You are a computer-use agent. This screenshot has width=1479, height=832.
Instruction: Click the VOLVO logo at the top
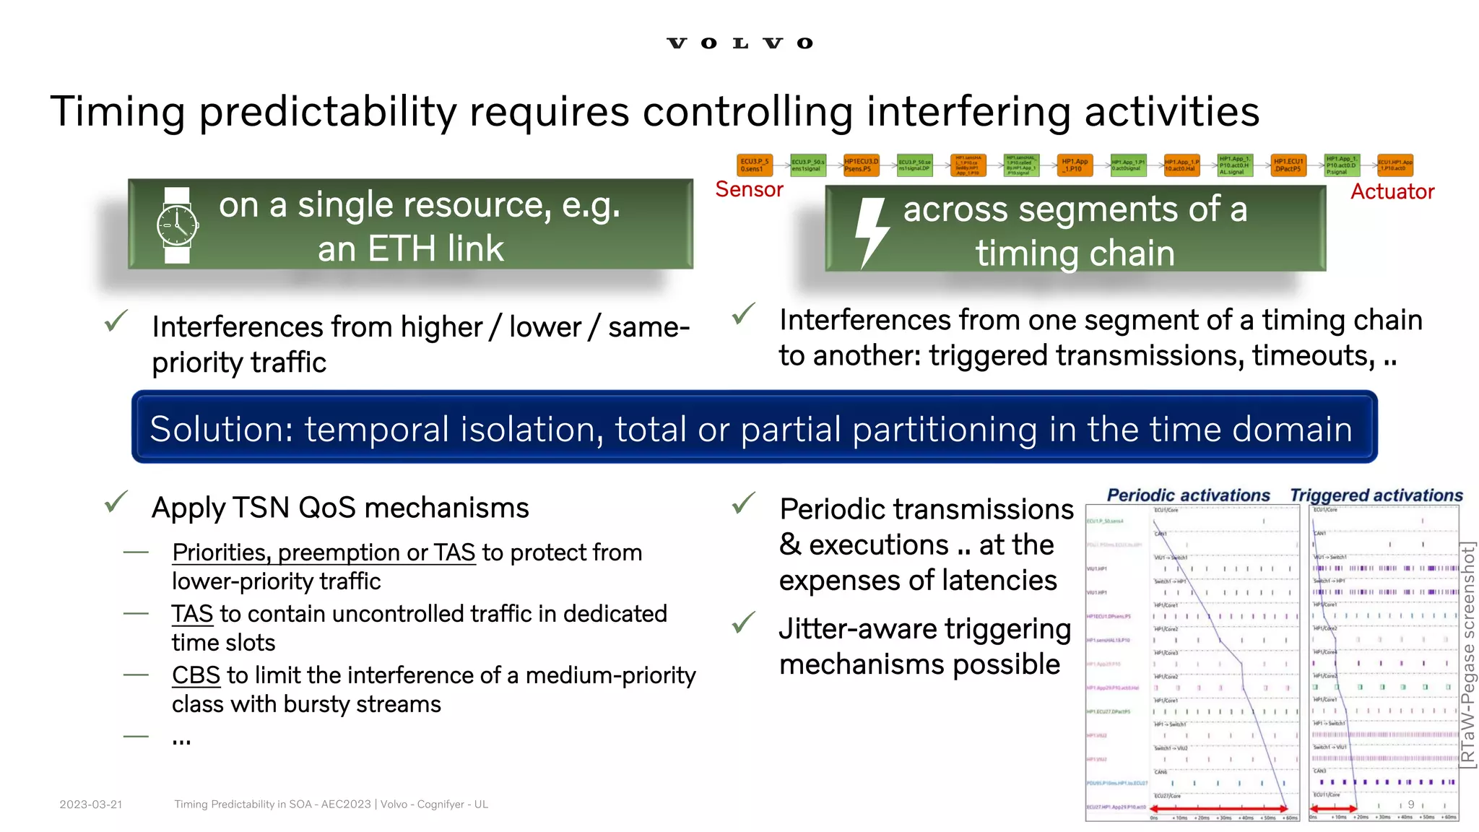(x=739, y=43)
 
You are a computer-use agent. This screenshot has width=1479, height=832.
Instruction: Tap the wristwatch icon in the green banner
(x=177, y=225)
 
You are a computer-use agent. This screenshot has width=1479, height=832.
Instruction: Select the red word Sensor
(x=749, y=189)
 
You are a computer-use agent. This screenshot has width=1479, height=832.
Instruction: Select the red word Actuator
(x=1392, y=191)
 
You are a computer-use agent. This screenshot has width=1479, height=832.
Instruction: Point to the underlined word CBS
(x=196, y=675)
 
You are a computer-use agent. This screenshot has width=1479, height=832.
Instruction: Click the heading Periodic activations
(x=1188, y=495)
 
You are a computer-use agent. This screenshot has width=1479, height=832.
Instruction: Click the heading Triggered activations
(x=1376, y=495)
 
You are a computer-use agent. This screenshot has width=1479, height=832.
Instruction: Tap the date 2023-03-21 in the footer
(x=91, y=805)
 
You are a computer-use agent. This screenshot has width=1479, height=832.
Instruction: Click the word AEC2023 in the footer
(x=345, y=805)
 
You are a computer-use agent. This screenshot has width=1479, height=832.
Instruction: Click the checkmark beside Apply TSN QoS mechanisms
(x=116, y=502)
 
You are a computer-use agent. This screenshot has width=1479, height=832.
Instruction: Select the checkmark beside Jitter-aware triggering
(x=743, y=623)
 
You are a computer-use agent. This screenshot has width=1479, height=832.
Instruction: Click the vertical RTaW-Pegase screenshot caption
(x=1467, y=654)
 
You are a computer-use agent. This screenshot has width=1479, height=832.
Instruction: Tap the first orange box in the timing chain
(x=755, y=165)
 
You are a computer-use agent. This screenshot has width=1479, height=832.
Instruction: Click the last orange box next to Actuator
(x=1395, y=165)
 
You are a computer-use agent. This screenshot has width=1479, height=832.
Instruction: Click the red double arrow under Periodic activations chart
(x=1220, y=808)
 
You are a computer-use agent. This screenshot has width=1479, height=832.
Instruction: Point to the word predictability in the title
(x=328, y=112)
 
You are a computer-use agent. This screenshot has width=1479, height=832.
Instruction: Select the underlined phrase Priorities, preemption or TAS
(x=324, y=552)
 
